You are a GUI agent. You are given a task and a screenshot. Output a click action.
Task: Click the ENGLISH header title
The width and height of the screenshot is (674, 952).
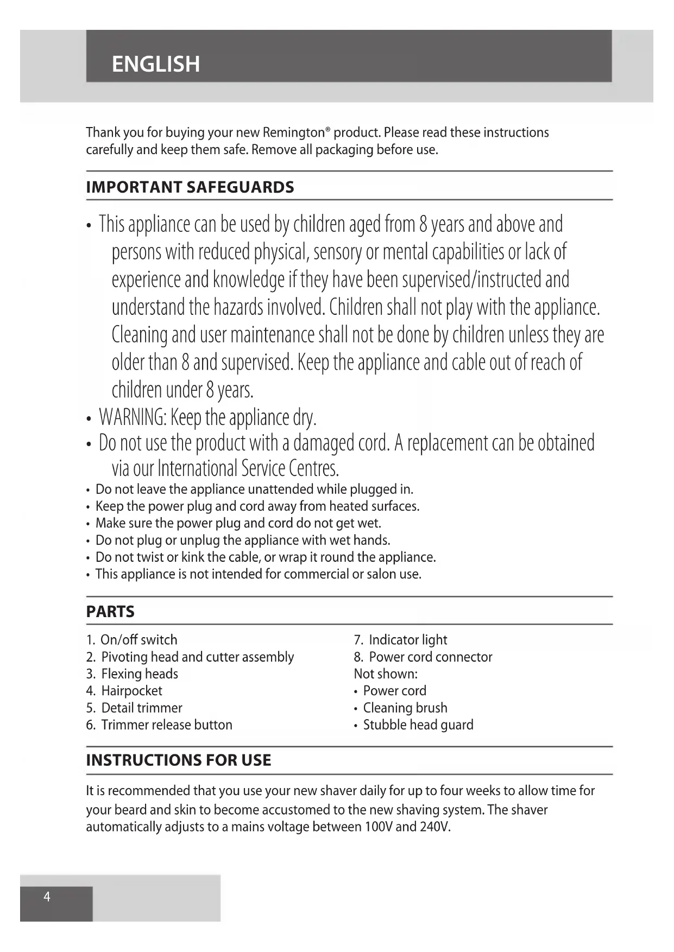(156, 64)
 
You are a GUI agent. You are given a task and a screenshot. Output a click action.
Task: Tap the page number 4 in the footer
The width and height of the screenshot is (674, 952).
(47, 897)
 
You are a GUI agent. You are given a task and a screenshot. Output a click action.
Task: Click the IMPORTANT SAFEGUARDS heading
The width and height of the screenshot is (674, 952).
(190, 187)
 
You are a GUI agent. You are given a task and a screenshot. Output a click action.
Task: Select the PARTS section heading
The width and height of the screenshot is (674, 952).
(110, 612)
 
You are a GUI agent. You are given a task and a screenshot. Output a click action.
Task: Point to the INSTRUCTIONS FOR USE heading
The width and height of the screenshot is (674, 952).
(179, 760)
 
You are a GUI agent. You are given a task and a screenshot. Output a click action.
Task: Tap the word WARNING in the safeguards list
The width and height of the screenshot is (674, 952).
(132, 417)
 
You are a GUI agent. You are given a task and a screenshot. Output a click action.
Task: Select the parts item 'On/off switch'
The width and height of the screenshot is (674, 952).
(138, 639)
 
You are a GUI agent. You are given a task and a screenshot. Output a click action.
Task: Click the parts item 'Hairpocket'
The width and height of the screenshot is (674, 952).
(131, 690)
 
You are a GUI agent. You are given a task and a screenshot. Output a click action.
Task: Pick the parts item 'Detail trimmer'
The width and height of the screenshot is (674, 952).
(141, 708)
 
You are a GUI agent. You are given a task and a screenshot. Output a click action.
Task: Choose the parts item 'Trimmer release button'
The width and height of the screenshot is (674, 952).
(166, 725)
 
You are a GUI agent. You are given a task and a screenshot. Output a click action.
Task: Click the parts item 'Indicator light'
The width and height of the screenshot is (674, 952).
(408, 639)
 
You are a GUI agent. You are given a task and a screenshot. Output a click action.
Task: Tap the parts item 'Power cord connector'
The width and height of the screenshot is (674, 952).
(430, 657)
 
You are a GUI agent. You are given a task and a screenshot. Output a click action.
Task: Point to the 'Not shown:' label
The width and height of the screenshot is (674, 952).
(386, 674)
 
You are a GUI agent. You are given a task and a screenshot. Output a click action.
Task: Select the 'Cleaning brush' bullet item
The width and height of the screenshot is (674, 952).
(405, 708)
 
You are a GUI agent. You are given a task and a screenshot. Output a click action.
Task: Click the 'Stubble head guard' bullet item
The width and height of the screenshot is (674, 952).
(418, 725)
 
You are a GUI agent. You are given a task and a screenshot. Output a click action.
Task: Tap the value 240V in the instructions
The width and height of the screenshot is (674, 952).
(434, 827)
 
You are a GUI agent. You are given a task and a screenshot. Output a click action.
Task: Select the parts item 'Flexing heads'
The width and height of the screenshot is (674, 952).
(140, 674)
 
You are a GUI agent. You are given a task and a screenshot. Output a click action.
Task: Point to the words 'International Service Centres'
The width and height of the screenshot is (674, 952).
(248, 468)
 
